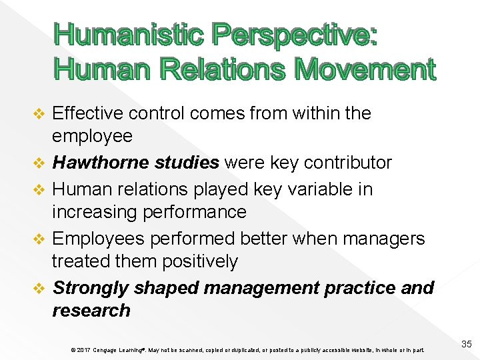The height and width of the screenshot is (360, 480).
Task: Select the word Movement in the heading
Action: tap(365, 69)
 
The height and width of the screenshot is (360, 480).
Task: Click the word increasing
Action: tap(97, 213)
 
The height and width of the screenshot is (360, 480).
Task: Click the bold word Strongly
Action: tap(91, 288)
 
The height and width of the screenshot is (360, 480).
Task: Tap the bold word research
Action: tap(91, 311)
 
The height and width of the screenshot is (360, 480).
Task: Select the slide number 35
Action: tap(466, 344)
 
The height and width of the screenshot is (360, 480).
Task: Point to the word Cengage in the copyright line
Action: tap(109, 349)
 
